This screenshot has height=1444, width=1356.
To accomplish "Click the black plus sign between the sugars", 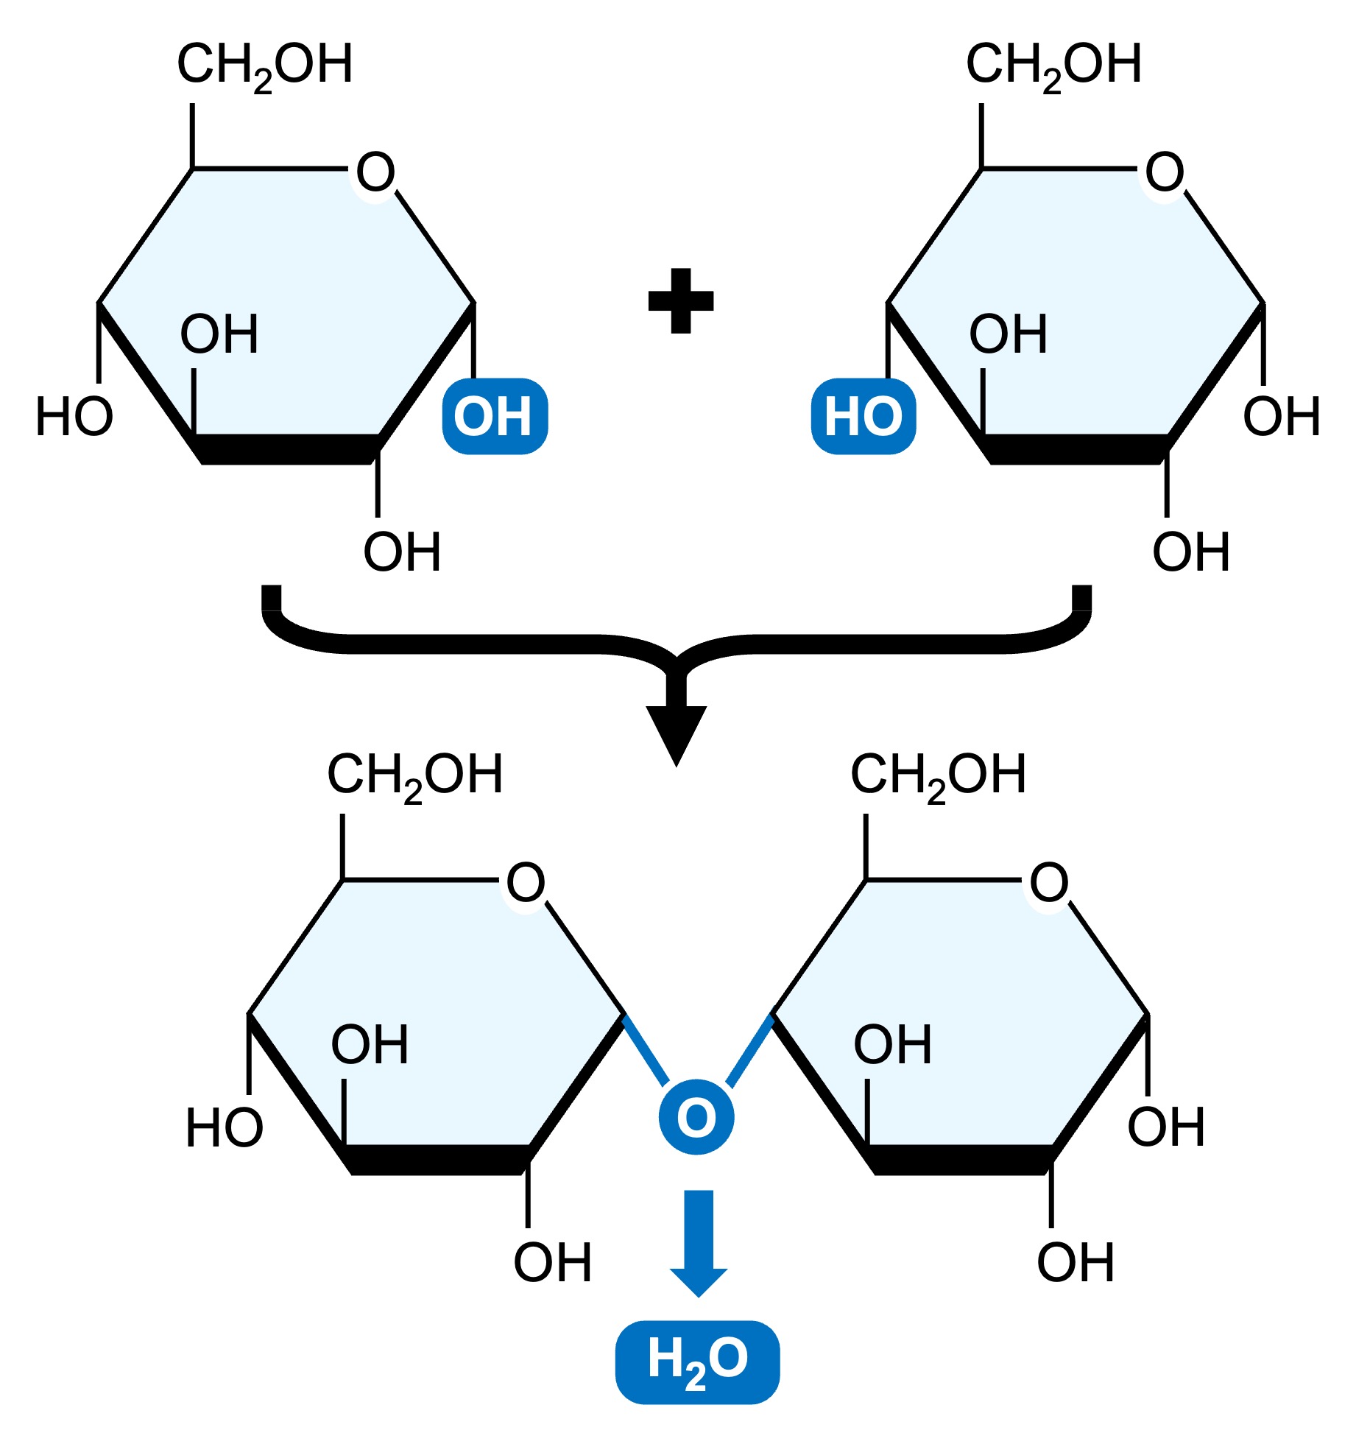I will pos(680,300).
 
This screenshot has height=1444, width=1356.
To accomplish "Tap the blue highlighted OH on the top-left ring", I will pos(495,416).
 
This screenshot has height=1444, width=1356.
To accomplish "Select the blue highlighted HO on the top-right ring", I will pos(863,416).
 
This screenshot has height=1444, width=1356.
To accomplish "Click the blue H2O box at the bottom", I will pos(697,1362).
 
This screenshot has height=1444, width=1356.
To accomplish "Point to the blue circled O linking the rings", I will pos(696,1117).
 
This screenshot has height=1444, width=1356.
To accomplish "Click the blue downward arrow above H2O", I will pos(698,1244).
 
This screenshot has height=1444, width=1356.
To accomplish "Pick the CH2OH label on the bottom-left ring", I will pos(415,775).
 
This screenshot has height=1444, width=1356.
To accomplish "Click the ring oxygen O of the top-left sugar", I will pos(375,172).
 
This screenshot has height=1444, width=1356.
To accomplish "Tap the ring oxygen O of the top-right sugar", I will pos(1165,172).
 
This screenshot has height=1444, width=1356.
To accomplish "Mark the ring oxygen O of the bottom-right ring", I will pos(1049,882).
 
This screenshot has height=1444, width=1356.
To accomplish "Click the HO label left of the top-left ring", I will pos(74,418).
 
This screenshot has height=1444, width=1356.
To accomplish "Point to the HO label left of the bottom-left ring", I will pos(225,1128).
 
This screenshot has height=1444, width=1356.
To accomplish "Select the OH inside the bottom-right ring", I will pos(892,1045).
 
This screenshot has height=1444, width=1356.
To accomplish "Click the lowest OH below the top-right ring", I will pos(1191,552).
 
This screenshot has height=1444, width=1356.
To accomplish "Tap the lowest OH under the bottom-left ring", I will pos(552,1263).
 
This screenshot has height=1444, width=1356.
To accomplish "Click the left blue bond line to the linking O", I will pos(646,1049).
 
